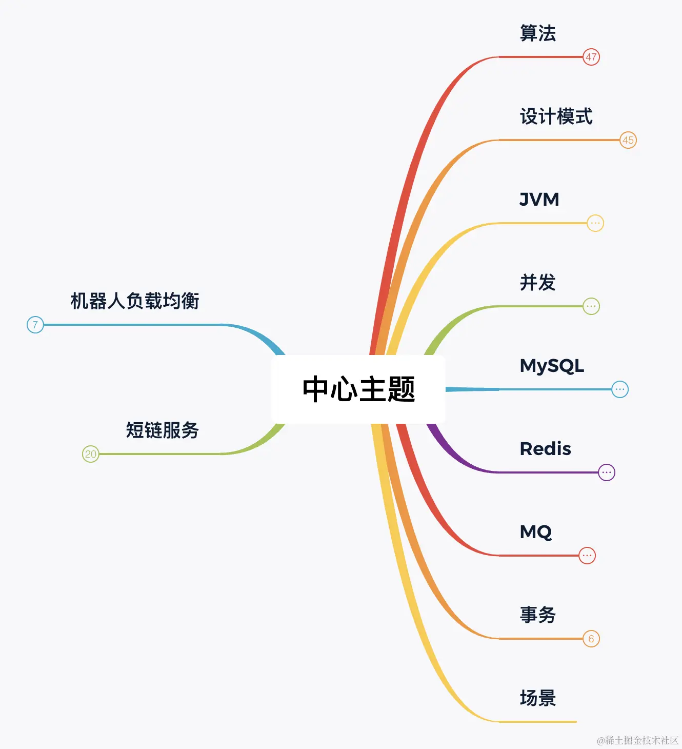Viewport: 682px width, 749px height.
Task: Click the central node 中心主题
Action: coord(358,389)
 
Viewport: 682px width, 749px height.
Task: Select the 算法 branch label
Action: coord(538,33)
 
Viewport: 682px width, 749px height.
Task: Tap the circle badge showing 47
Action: coord(591,57)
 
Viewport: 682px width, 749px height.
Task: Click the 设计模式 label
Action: coord(556,116)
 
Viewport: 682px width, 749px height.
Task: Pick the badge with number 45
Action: coord(628,140)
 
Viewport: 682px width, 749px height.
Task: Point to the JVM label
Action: coord(539,200)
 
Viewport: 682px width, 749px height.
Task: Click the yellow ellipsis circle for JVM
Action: coord(595,223)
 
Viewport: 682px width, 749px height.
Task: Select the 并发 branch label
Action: coord(538,283)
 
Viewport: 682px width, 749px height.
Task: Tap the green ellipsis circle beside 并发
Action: coord(591,306)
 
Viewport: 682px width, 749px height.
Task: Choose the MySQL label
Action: coord(552,366)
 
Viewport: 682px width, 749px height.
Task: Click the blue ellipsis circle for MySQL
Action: coord(620,389)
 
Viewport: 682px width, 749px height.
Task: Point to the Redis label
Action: coord(546,449)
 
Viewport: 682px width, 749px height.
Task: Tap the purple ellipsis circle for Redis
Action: coord(607,472)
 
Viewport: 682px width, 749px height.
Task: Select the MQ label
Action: coord(536,532)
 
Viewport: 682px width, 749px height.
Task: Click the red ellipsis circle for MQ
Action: coord(587,556)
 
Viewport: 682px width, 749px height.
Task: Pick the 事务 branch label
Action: coord(538,615)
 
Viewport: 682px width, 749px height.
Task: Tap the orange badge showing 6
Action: coord(591,639)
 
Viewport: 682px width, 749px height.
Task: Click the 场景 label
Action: coord(538,698)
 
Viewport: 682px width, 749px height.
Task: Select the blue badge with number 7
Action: coord(35,325)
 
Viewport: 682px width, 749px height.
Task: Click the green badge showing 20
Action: coord(91,454)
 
